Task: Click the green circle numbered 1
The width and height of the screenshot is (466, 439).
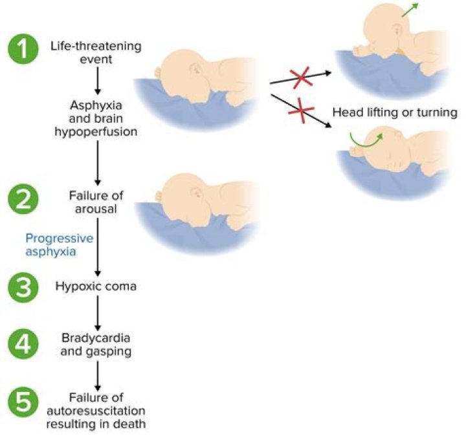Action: click(x=23, y=48)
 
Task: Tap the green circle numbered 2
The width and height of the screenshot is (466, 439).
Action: click(x=23, y=199)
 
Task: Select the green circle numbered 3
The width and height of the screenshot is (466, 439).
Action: click(x=23, y=287)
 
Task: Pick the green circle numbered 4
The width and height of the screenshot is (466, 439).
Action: click(x=23, y=344)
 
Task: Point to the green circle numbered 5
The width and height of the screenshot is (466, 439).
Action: click(x=23, y=402)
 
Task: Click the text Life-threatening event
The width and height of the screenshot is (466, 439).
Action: click(x=96, y=52)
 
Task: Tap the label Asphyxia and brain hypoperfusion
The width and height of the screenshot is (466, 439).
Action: click(x=96, y=118)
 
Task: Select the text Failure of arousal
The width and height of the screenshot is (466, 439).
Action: click(x=96, y=202)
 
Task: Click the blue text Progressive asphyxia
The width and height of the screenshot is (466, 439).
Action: click(x=59, y=244)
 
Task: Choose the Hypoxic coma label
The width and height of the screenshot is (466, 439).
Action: click(x=96, y=286)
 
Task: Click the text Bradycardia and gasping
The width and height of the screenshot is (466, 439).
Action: click(x=96, y=345)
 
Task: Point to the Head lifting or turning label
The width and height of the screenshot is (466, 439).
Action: click(x=395, y=112)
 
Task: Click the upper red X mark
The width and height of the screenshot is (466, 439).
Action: click(x=301, y=78)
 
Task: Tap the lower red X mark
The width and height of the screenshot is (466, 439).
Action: click(x=301, y=111)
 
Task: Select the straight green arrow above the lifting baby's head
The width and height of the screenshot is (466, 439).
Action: click(x=410, y=10)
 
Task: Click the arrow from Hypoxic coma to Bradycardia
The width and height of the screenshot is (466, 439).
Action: click(x=98, y=313)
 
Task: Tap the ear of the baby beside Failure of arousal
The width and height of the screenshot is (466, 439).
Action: click(x=196, y=193)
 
